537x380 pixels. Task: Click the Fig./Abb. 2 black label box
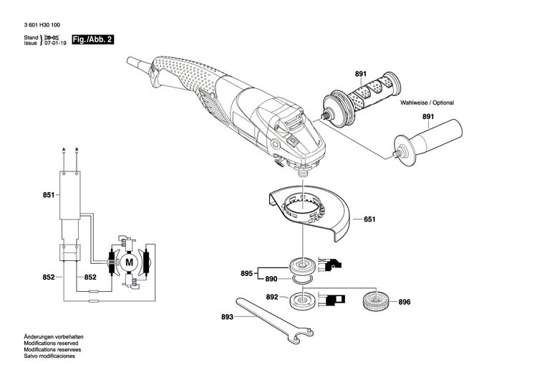93,40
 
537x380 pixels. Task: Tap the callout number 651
369,220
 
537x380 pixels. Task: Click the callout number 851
48,194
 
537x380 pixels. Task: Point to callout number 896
405,303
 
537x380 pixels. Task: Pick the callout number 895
246,273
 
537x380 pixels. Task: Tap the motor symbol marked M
130,263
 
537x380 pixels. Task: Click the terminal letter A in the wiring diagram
64,148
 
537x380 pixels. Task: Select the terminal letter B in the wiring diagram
77,148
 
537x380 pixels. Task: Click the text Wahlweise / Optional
427,103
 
